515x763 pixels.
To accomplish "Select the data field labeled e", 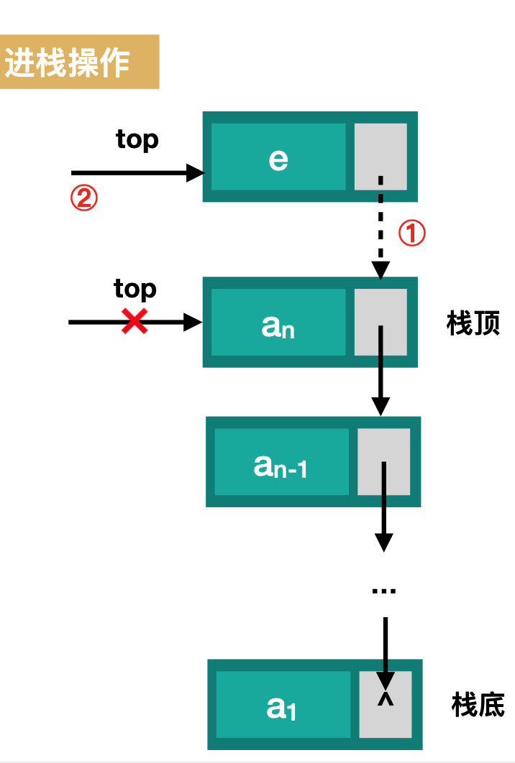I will (278, 157).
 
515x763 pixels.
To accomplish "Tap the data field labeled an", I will (278, 323).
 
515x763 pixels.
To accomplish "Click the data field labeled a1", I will (283, 705).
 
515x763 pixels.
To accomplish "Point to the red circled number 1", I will (412, 233).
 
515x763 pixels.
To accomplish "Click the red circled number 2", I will (83, 198).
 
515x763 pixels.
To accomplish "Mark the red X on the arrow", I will (135, 322).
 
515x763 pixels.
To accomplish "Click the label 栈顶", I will (473, 324).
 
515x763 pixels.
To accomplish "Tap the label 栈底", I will (478, 704).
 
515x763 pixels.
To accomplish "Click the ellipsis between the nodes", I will (384, 591).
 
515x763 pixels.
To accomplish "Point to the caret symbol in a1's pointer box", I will (386, 698).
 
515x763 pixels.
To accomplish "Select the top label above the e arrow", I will (137, 139).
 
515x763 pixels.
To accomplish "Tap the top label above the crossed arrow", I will (135, 289).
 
